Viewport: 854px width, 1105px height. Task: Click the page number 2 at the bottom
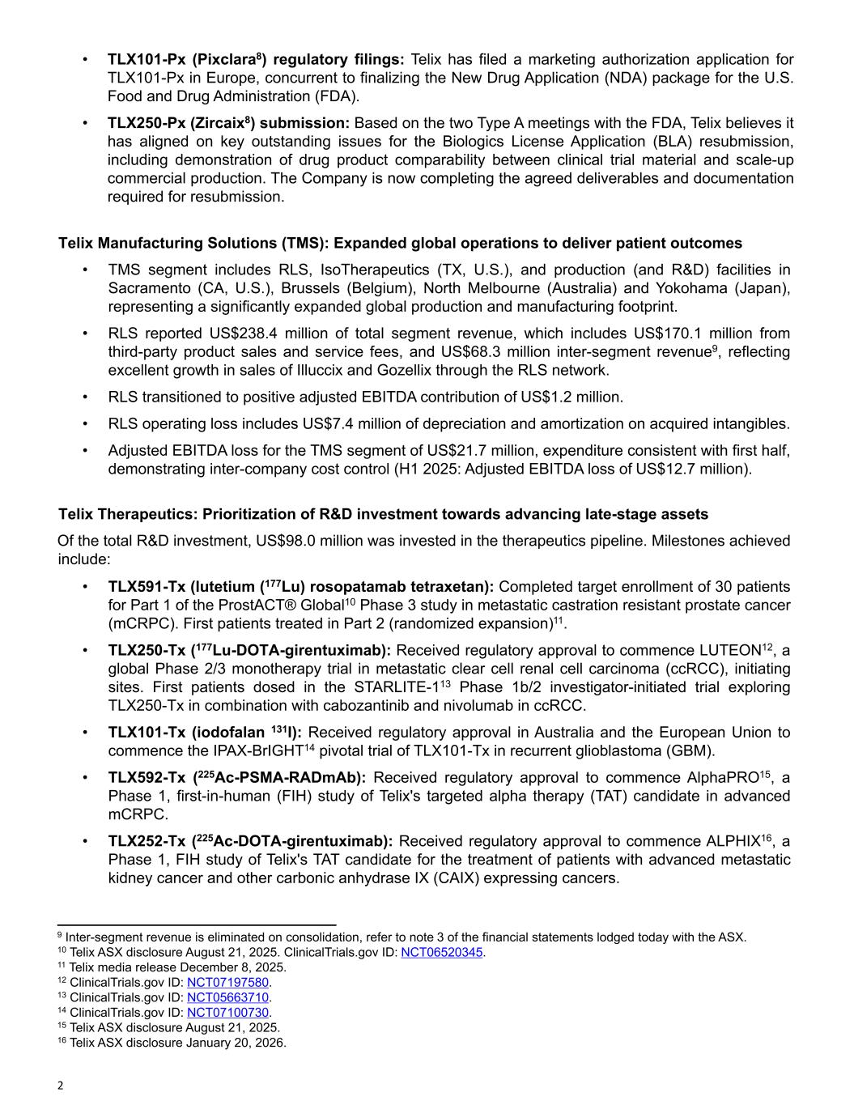60,1086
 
